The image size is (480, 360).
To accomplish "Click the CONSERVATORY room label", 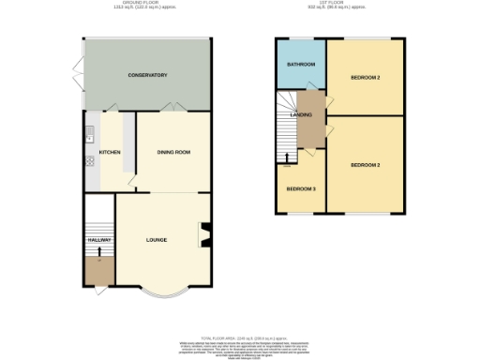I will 147,75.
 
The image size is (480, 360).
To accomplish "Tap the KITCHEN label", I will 110,151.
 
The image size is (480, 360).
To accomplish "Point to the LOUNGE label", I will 157,240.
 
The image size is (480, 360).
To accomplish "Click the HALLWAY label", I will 99,240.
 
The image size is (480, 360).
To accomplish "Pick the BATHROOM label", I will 301,65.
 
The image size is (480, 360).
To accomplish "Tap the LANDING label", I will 301,114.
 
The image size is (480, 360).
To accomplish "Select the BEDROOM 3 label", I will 301,188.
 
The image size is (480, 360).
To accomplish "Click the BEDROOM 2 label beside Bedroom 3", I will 365,164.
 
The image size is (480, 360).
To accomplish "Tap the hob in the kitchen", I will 90,160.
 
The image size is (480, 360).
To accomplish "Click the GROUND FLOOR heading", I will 147,4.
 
